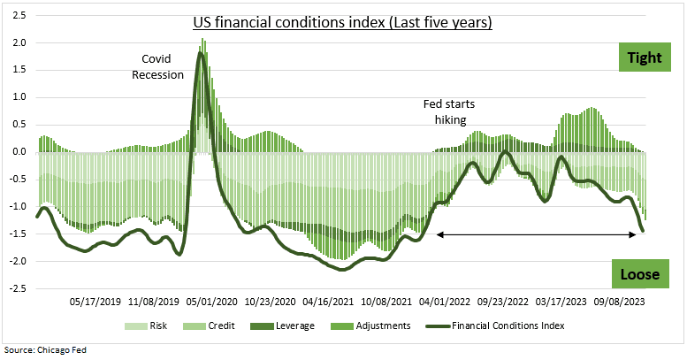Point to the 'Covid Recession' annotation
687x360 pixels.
pos(157,66)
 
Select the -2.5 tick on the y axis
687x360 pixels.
pos(15,288)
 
